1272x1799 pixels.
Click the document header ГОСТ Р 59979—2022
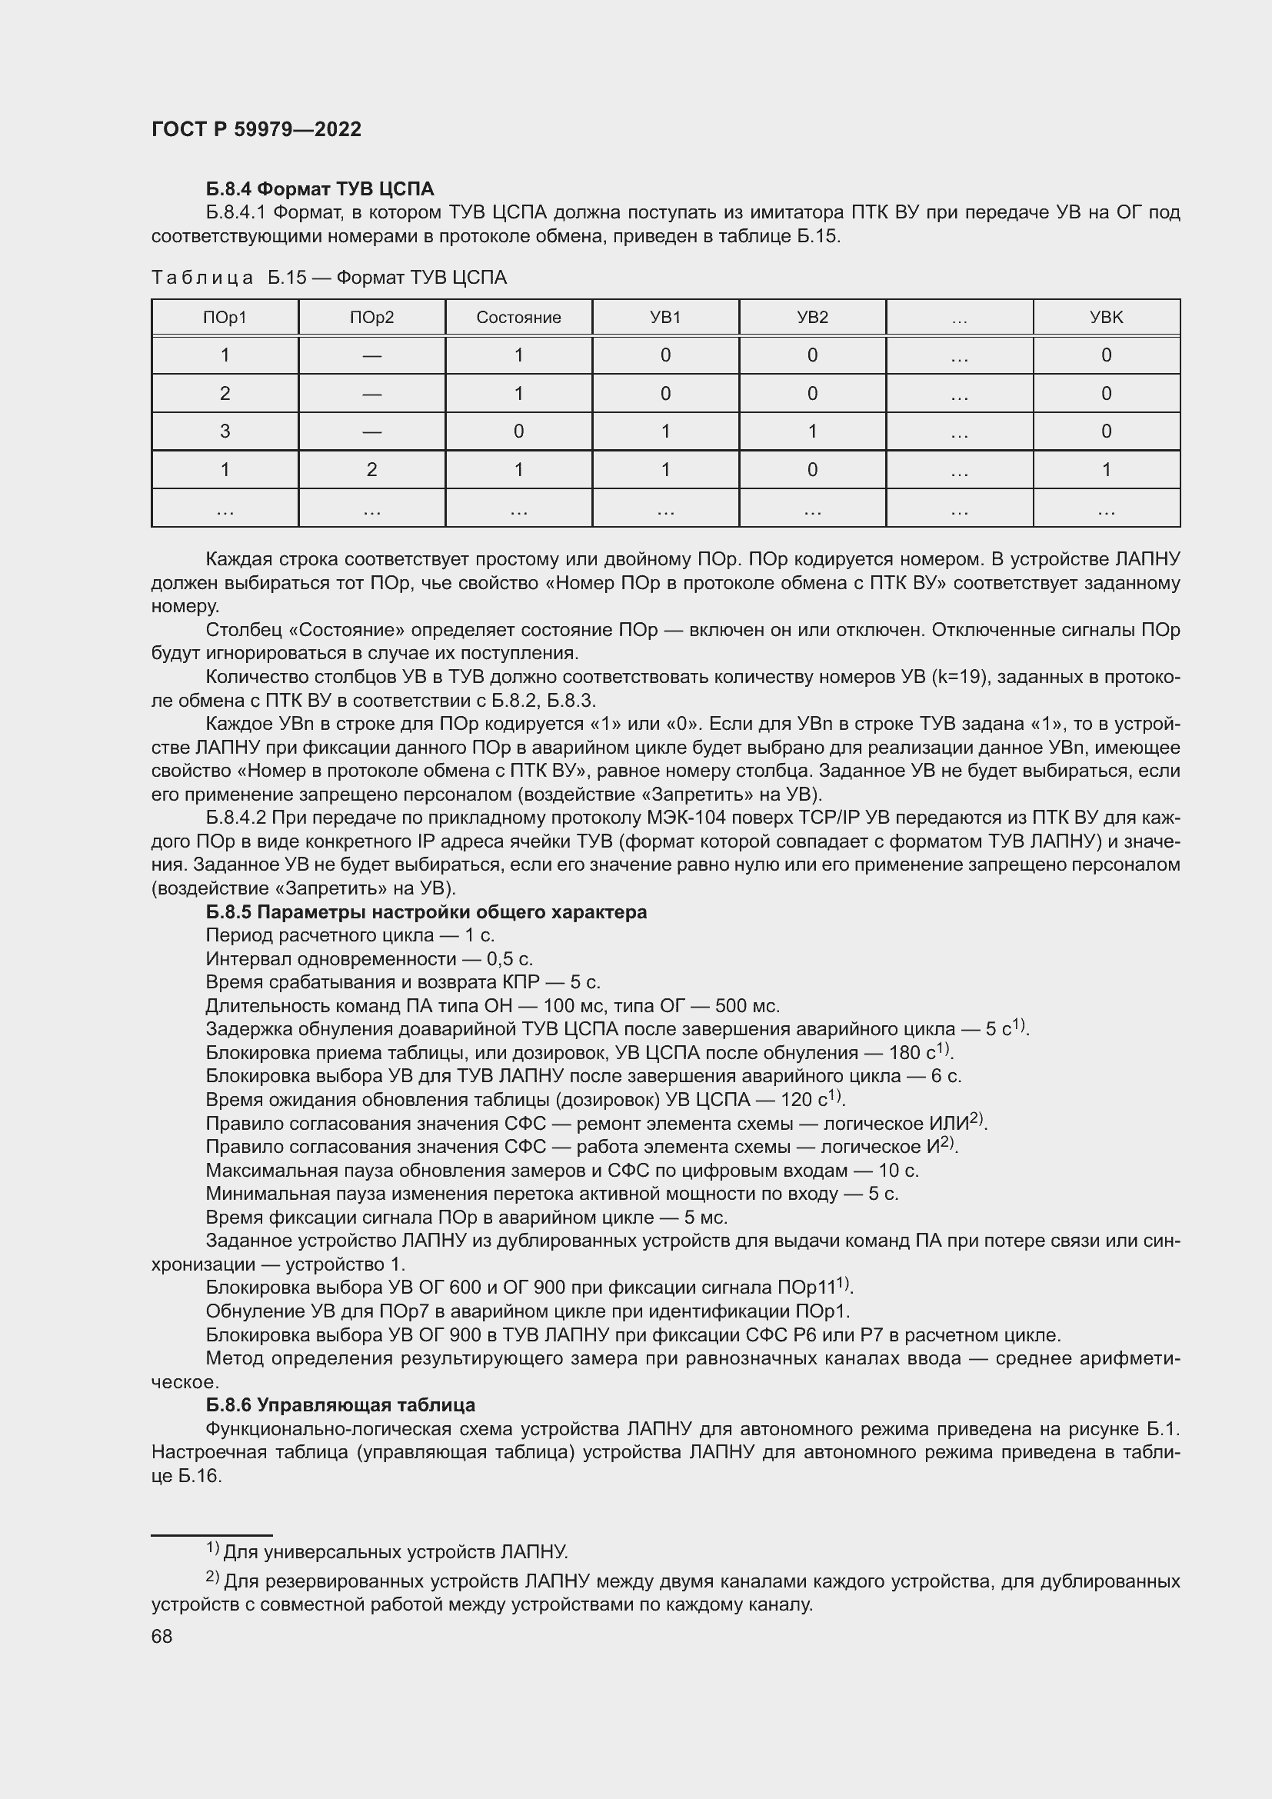click(256, 129)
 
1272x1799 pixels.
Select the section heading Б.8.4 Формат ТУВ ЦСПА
click(320, 189)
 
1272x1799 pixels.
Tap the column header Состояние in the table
click(518, 318)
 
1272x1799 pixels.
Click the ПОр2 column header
click(371, 318)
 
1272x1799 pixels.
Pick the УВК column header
click(1106, 318)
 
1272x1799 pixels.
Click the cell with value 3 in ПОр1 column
click(225, 431)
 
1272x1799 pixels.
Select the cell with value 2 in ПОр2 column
click(371, 469)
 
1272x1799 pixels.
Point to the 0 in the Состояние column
click(518, 431)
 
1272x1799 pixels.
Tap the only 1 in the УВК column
click(1106, 469)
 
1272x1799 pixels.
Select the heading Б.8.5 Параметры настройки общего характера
click(426, 912)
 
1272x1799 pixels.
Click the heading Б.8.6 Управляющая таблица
click(340, 1405)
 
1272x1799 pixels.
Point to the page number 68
click(161, 1636)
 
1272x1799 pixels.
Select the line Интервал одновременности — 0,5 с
click(369, 959)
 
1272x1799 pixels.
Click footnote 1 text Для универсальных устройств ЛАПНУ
click(395, 1551)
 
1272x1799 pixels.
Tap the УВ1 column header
click(665, 318)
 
